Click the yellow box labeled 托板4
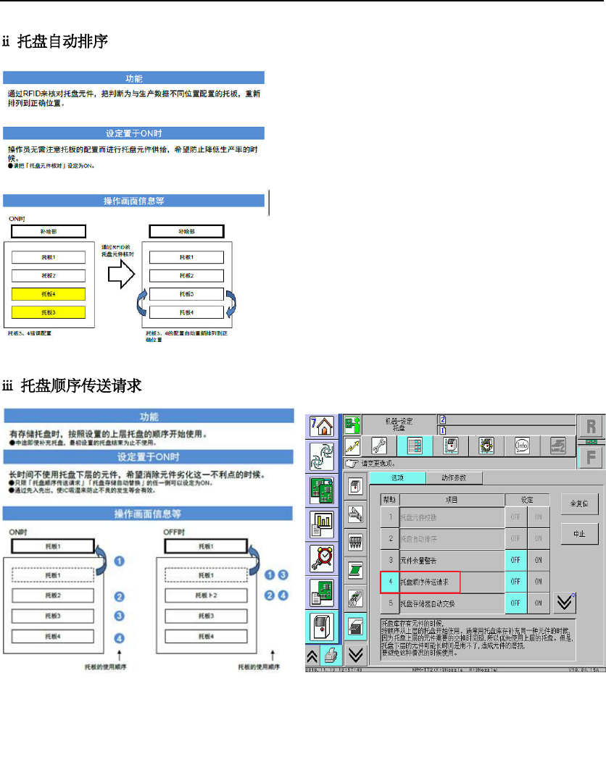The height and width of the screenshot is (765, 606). tap(49, 294)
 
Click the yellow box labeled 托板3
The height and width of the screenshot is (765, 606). tap(49, 312)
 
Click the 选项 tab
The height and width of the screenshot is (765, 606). tap(397, 477)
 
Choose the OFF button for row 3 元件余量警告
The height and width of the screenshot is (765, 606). tap(515, 560)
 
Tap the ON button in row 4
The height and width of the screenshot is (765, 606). tap(539, 581)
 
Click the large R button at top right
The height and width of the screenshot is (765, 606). tap(590, 426)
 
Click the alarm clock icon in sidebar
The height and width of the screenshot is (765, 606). tap(321, 557)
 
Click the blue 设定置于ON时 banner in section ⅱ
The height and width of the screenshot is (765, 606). tap(134, 133)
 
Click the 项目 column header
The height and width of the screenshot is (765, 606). tap(451, 500)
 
